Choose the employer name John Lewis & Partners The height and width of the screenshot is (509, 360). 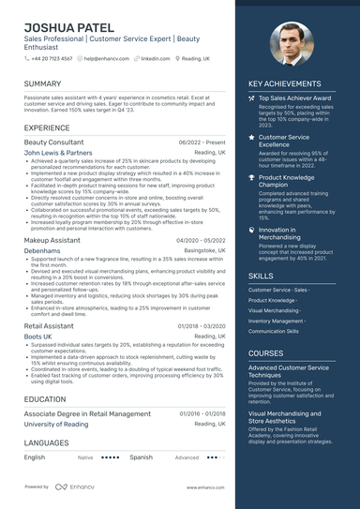coord(58,152)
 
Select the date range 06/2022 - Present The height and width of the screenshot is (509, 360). coord(202,142)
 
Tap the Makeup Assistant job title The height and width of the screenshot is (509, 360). coord(52,241)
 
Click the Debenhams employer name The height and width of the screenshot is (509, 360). coord(41,252)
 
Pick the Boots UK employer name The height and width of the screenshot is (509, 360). coord(38,336)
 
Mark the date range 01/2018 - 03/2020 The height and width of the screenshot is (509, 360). coord(202,325)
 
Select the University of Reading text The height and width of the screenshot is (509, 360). coord(56,424)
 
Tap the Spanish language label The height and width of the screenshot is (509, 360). coord(142,457)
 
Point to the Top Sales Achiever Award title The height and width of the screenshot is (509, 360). coord(295,97)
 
